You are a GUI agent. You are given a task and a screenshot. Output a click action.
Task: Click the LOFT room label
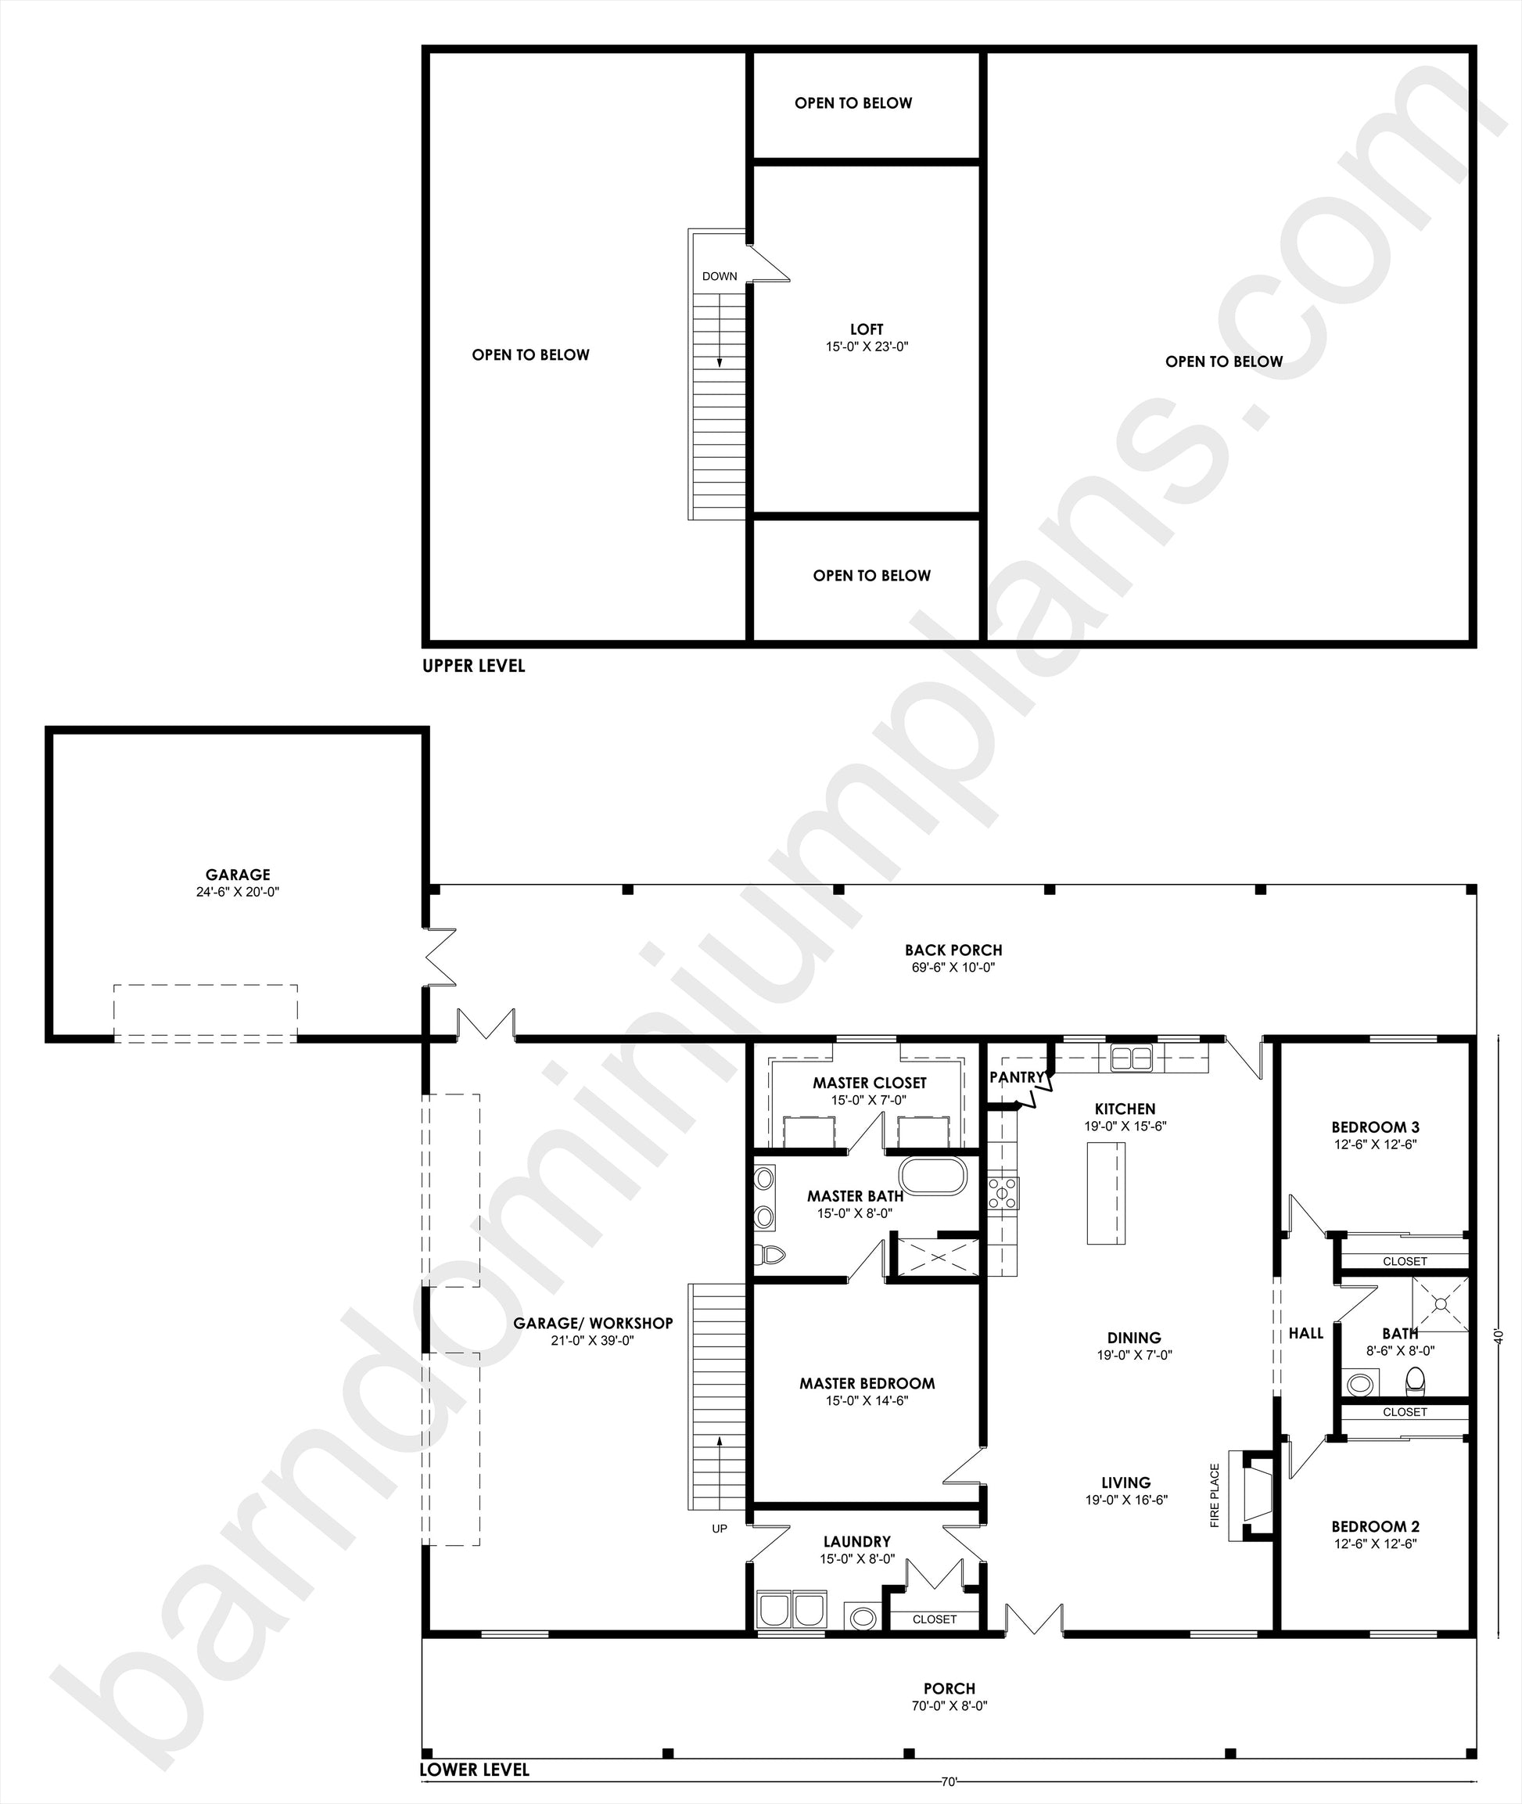(867, 329)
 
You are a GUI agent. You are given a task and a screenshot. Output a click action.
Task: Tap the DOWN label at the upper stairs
(720, 276)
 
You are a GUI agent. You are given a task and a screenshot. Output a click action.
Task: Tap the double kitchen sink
(1131, 1058)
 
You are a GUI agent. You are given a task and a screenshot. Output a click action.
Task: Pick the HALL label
(1305, 1334)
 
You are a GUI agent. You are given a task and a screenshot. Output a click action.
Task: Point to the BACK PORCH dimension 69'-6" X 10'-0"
(953, 968)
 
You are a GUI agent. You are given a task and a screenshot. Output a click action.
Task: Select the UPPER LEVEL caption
(474, 666)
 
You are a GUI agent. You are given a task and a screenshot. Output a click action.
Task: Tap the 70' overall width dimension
(949, 1781)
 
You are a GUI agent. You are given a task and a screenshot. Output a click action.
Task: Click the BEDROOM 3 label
(1375, 1127)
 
